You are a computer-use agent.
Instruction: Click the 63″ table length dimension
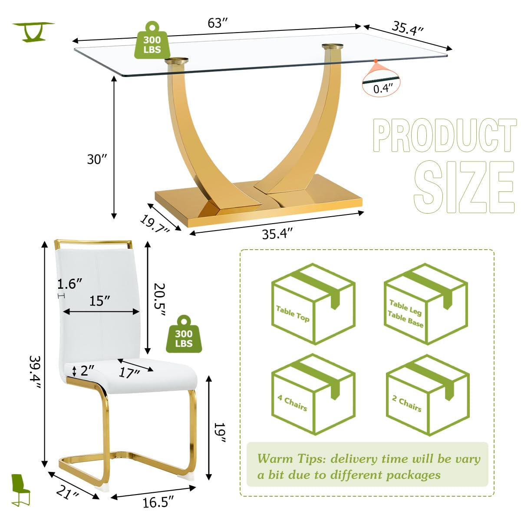tap(218, 23)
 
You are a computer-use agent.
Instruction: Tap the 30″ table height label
tap(96, 159)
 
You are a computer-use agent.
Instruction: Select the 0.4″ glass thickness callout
tap(382, 88)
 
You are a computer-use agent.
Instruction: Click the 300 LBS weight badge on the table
tap(152, 41)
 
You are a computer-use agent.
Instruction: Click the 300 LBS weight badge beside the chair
tap(184, 335)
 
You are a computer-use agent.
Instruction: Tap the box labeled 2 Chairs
tap(427, 395)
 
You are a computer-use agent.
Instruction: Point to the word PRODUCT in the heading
tap(445, 135)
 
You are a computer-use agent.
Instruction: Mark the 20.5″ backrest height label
tap(159, 299)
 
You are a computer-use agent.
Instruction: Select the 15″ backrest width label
tap(99, 300)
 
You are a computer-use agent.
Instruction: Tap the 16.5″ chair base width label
tap(158, 502)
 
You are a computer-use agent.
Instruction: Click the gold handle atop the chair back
tap(93, 242)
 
